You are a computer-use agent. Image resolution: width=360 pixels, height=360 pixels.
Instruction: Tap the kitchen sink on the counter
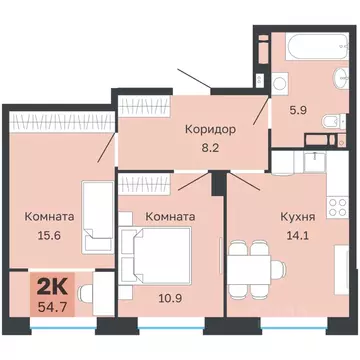tap(315, 156)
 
